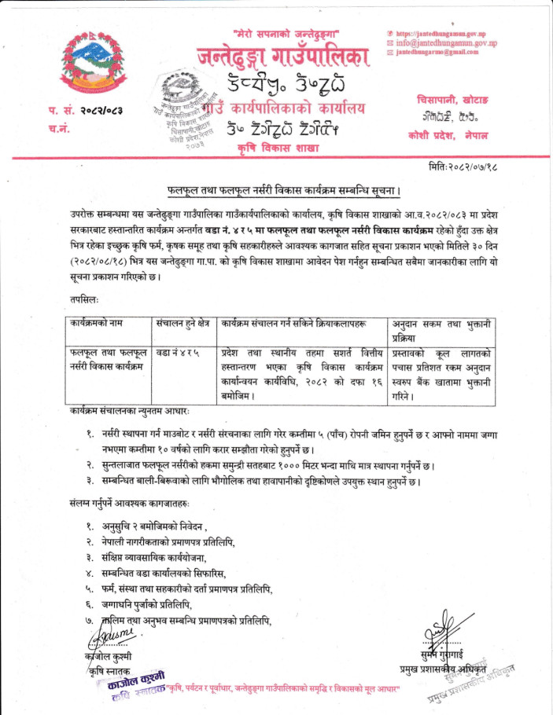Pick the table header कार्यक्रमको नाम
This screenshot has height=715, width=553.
coord(97,323)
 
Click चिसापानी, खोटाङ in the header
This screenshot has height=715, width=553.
coord(452,100)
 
